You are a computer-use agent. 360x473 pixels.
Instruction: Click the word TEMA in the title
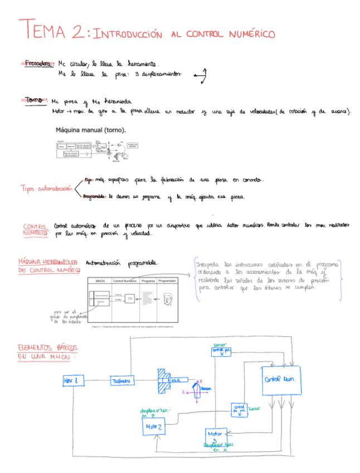pos(42,30)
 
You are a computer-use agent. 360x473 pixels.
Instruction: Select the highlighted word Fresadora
pos(39,63)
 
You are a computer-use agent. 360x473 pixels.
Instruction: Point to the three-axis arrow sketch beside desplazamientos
pos(201,75)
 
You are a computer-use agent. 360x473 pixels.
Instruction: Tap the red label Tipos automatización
pos(46,189)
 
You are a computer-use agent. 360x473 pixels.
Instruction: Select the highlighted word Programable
pos(95,196)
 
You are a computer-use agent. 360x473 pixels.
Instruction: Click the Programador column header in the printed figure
pos(167,281)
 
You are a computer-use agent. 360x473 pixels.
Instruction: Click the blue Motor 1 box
pos(74,380)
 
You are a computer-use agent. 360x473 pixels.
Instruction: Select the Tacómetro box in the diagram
pos(122,380)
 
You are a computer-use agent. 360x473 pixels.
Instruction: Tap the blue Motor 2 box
pos(154,427)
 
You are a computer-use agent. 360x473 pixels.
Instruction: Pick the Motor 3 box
pos(215,436)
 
